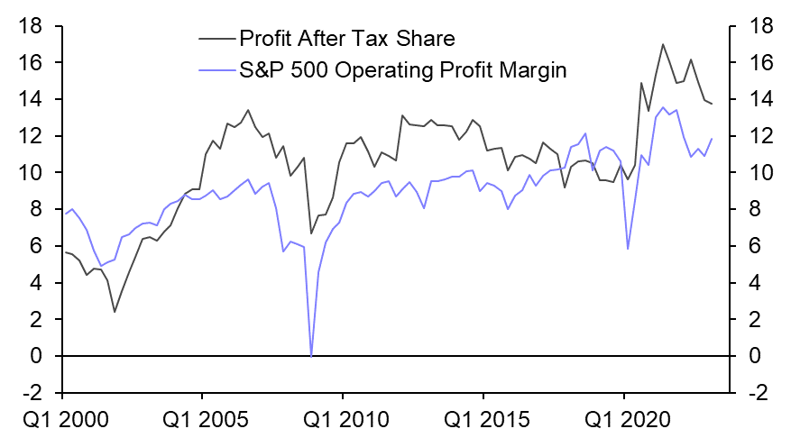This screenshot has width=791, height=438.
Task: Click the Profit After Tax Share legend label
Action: [346, 39]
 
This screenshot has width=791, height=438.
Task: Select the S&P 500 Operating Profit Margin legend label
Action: [402, 69]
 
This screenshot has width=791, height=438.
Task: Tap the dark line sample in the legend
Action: [216, 39]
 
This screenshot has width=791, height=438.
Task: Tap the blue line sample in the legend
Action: [216, 69]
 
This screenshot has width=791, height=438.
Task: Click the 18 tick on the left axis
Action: [33, 26]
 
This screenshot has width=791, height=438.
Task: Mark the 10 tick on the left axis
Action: [33, 173]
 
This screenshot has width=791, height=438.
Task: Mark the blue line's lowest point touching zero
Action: [311, 357]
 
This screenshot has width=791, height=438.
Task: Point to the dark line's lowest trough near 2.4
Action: [115, 312]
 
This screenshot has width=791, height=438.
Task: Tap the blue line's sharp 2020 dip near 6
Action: [628, 249]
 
